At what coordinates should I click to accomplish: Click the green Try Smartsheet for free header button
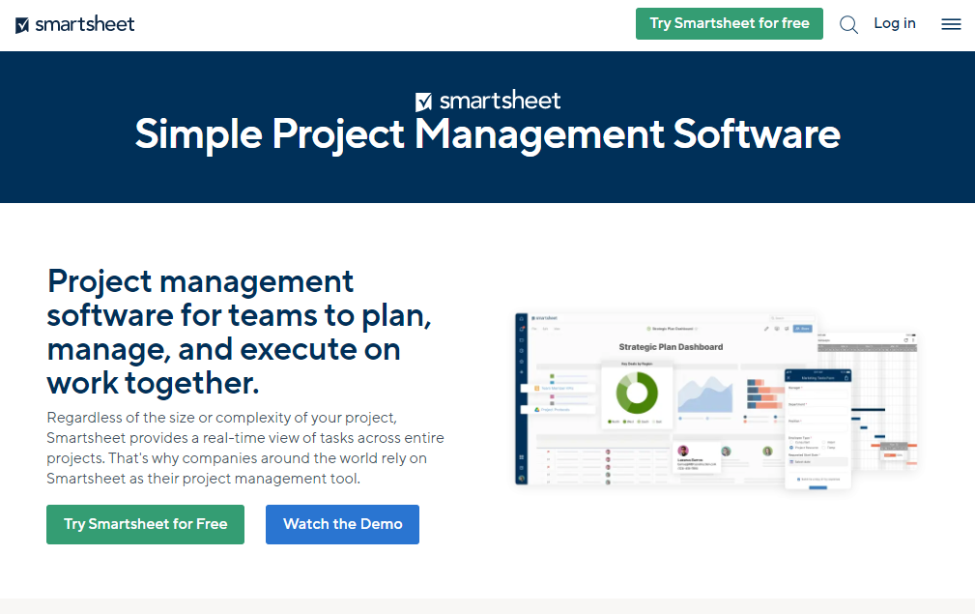click(729, 23)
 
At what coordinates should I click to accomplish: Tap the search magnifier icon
click(848, 24)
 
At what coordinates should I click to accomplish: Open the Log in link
click(894, 23)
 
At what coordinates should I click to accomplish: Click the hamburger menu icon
click(951, 24)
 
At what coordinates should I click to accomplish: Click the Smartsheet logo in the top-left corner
click(75, 24)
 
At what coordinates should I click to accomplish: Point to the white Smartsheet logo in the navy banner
click(488, 101)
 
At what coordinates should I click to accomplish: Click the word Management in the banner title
click(539, 133)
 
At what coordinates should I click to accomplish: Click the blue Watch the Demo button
click(342, 524)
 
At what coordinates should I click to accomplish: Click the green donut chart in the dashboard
click(636, 393)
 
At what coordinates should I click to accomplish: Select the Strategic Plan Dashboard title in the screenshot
click(671, 346)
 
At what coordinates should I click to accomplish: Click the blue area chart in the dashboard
click(704, 395)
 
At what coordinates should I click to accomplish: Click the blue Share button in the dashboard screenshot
click(802, 329)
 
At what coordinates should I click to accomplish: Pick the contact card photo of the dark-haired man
click(683, 451)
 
